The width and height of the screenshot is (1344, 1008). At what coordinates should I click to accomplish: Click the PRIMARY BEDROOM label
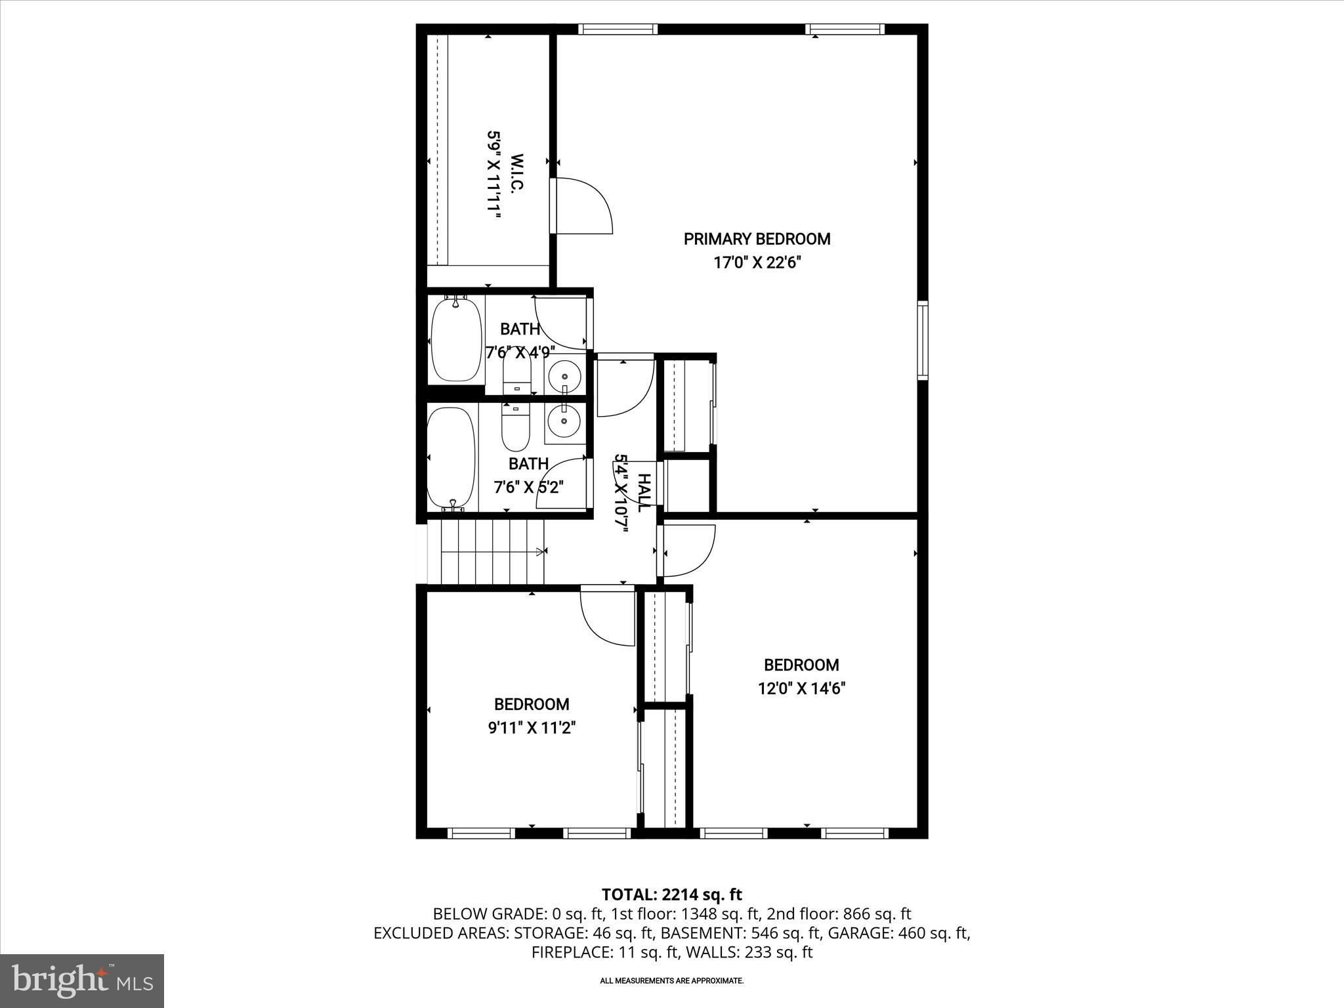point(757,239)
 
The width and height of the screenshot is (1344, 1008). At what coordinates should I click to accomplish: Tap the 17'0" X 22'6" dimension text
point(757,263)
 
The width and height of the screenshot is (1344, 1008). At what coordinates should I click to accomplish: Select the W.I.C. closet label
point(516,173)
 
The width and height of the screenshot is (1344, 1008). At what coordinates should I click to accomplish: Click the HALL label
point(644,492)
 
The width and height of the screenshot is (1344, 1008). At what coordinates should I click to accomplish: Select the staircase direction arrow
point(539,552)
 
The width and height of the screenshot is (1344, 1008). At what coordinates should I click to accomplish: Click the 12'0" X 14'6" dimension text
point(801,688)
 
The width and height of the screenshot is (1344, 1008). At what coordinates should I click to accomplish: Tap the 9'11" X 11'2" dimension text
point(532,728)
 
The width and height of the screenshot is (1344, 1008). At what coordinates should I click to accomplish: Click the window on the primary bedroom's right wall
point(923,340)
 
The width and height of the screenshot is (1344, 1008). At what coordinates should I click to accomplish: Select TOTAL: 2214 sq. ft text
point(671,894)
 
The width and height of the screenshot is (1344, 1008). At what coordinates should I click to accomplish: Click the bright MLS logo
point(82,980)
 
